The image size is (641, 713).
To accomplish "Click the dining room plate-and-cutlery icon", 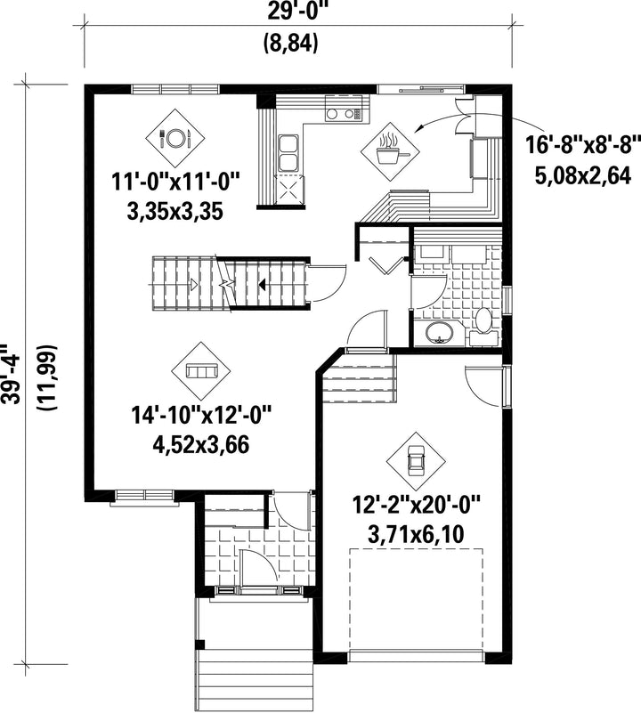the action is [x=175, y=138].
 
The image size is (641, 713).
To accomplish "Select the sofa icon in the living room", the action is [x=200, y=371].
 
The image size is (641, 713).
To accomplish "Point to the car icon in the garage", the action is [x=416, y=460].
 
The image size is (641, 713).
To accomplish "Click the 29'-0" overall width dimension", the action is [x=290, y=12].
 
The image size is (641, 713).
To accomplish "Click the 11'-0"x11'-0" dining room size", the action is [x=175, y=182].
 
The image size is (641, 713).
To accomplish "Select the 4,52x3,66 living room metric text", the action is [x=201, y=445].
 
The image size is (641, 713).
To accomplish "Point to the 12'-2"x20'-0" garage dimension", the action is [x=417, y=506].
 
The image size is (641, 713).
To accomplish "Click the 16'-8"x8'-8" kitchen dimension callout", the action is [x=582, y=146].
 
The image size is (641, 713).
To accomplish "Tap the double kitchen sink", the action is [x=288, y=153].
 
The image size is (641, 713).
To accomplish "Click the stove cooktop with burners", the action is [x=345, y=109].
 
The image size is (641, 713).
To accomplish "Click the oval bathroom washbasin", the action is [x=439, y=333].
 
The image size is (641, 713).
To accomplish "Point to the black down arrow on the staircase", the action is [x=262, y=285].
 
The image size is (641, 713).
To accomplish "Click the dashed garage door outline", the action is [x=416, y=601].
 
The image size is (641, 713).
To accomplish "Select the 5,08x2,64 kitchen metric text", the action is [x=582, y=175].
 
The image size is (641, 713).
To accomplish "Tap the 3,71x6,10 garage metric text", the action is [x=416, y=535].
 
